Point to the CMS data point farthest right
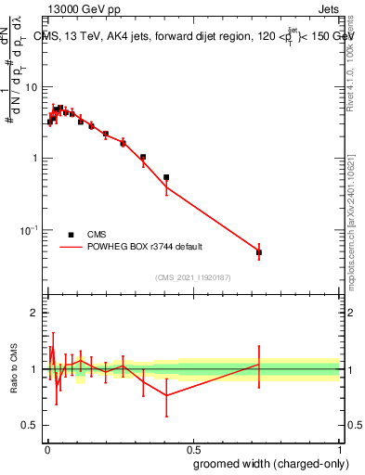259,252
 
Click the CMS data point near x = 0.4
166,177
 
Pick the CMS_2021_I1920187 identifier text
192,276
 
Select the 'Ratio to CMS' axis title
15,369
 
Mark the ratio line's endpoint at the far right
259,364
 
